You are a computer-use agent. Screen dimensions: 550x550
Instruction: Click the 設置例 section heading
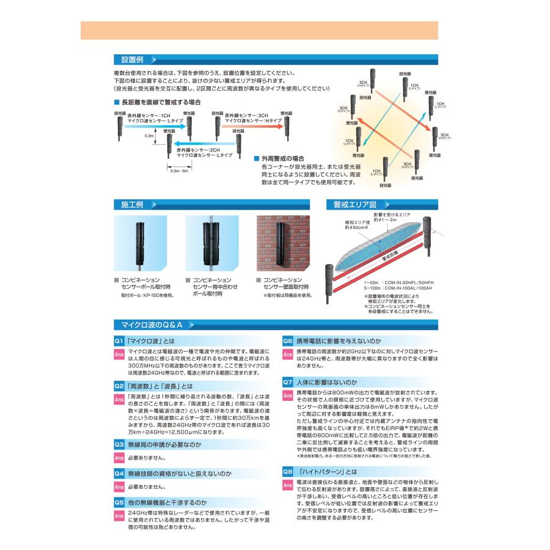point(132,61)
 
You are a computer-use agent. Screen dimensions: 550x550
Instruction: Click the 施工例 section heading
point(132,204)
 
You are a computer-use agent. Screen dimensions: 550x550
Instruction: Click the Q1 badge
point(120,340)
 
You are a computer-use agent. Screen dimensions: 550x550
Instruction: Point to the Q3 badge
point(120,444)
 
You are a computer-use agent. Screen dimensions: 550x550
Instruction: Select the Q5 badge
point(120,502)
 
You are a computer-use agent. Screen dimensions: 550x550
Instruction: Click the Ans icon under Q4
point(120,487)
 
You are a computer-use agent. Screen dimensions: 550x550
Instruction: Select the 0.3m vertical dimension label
point(149,136)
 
